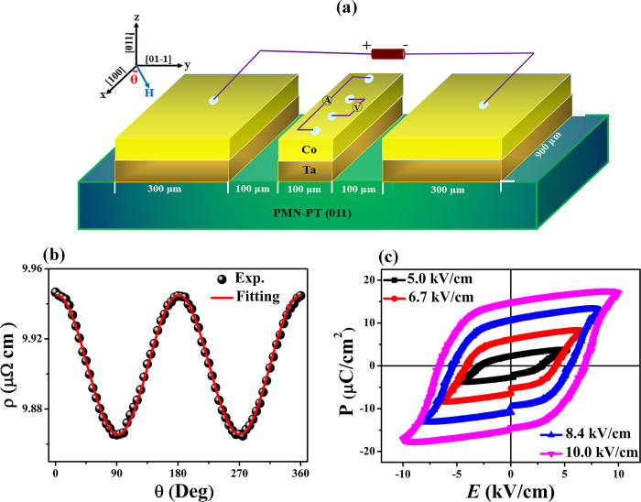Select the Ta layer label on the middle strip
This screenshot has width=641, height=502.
(310, 169)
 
